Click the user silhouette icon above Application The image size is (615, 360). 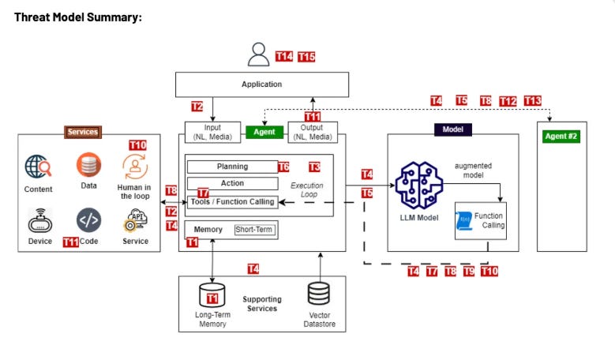(x=258, y=54)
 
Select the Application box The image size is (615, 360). (x=262, y=84)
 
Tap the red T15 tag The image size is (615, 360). (x=306, y=57)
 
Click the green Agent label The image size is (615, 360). (x=264, y=132)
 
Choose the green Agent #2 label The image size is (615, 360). (x=561, y=137)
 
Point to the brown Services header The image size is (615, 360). (x=83, y=132)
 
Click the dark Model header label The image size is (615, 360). (x=453, y=129)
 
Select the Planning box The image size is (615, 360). (x=233, y=167)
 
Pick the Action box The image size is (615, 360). (x=233, y=183)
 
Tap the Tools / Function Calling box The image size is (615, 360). (x=233, y=202)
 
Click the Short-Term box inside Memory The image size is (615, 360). (x=254, y=230)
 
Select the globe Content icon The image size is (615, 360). (x=38, y=167)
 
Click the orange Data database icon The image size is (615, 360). (x=88, y=165)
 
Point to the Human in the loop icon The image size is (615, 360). (x=135, y=167)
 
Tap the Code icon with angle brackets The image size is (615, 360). (x=88, y=220)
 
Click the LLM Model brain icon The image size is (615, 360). (x=419, y=185)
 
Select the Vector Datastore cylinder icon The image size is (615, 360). (x=318, y=294)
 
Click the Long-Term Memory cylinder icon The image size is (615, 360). (x=212, y=295)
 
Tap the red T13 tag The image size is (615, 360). (x=533, y=101)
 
